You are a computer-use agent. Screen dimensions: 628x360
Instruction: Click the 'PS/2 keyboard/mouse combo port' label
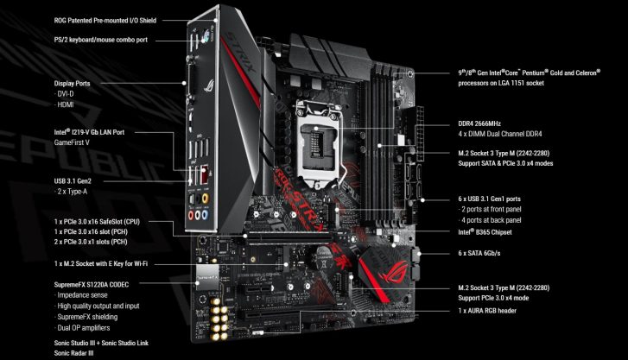tap(100, 40)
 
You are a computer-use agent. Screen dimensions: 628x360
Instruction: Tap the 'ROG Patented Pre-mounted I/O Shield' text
tap(105, 21)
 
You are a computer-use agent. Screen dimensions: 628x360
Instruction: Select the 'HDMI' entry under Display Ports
tap(66, 105)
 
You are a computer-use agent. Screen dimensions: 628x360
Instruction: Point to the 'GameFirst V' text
tap(72, 142)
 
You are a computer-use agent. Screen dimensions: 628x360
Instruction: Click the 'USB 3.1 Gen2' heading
tap(73, 181)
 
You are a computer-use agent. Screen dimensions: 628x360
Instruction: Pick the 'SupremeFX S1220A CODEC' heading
tap(92, 285)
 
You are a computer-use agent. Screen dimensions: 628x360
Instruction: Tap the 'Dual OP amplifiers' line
tap(83, 328)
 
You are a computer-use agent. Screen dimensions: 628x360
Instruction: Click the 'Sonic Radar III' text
tap(73, 353)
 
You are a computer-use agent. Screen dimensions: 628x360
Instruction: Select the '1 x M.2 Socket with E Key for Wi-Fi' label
tap(100, 264)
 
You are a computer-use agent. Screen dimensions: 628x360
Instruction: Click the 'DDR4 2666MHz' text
tap(479, 123)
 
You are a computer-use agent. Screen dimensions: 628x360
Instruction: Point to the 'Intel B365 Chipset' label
tap(485, 232)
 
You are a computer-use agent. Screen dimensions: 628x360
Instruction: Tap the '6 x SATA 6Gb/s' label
tap(479, 254)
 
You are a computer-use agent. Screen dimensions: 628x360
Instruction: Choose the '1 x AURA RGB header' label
tap(487, 311)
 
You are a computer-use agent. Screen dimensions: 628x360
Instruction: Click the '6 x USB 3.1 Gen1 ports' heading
tap(490, 199)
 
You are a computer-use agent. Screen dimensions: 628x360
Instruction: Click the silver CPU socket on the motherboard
tap(319, 143)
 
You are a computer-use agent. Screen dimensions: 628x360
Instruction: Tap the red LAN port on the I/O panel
tap(205, 174)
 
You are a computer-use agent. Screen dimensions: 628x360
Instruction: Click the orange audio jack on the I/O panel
tap(206, 199)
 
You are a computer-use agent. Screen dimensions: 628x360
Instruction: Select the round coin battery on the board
tap(325, 255)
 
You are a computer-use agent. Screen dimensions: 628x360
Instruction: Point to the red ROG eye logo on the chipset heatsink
tap(393, 271)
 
